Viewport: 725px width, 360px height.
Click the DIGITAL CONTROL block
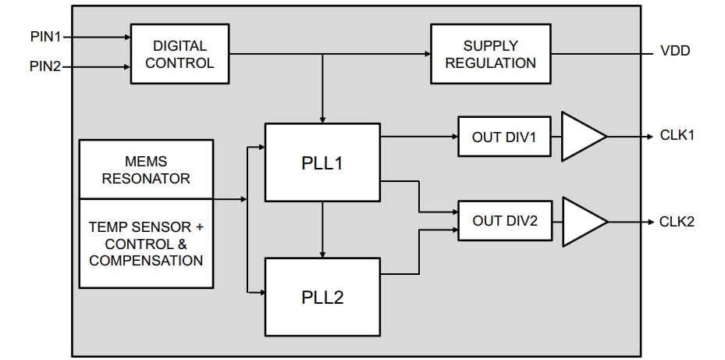(x=179, y=54)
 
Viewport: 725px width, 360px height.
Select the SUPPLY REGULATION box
(x=490, y=54)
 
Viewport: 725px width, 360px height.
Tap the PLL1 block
(x=322, y=163)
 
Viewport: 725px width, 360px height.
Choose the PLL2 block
(x=322, y=297)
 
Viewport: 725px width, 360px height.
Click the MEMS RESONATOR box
(x=146, y=169)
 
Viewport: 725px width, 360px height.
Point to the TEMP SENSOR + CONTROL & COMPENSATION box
(x=146, y=243)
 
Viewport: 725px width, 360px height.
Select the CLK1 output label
(x=677, y=135)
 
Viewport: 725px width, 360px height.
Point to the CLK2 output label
(x=677, y=221)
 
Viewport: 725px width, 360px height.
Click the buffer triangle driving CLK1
(x=581, y=136)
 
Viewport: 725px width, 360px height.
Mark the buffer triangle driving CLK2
(x=581, y=221)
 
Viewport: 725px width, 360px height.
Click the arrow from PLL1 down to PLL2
(x=322, y=230)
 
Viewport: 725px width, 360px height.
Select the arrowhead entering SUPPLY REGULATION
(x=426, y=54)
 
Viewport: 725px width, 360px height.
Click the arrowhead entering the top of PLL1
(x=322, y=118)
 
